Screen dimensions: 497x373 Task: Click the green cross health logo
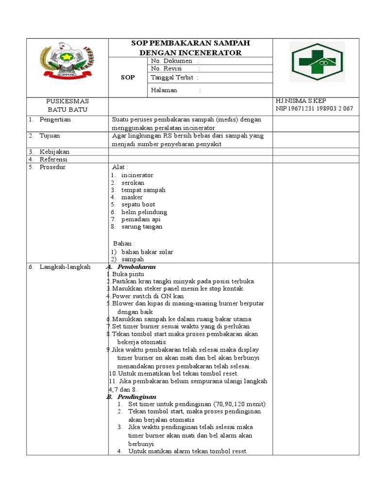317,62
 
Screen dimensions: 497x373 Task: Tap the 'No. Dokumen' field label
172,61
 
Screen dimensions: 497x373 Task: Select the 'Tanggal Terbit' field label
172,78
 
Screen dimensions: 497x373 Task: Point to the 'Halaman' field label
164,90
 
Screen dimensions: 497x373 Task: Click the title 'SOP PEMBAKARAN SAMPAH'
190,43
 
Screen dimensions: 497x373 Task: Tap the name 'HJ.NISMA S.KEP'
301,101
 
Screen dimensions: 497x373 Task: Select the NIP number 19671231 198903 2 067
314,109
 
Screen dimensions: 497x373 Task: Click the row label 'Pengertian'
55,119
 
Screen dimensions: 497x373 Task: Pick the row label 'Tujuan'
50,136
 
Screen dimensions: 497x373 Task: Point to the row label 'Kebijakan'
54,152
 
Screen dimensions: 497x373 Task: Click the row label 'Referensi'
53,159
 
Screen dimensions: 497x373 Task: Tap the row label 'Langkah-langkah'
65,267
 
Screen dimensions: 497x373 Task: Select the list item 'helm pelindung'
144,212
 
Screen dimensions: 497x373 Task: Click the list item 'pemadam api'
141,219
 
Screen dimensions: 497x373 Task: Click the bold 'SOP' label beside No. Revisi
128,78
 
